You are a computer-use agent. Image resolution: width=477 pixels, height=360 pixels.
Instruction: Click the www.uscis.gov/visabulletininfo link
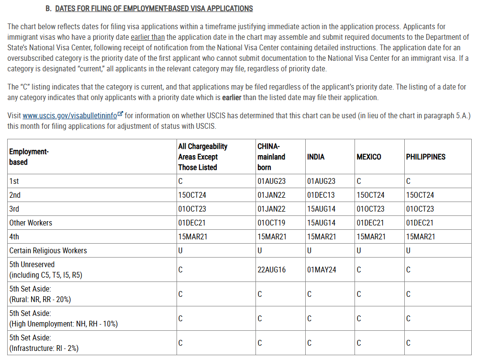[x=69, y=115]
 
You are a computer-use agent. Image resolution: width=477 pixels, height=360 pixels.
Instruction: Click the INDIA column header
[x=316, y=157]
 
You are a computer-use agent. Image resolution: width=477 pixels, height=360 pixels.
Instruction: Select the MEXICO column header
[x=369, y=157]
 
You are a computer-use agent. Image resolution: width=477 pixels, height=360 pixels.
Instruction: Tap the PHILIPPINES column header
[x=425, y=157]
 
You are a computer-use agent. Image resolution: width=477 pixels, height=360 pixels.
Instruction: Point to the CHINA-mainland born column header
[x=271, y=157]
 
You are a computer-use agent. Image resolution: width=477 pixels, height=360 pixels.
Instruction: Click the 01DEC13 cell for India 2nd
[x=321, y=195]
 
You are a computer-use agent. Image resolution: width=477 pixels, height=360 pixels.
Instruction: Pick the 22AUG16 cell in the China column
[x=271, y=270]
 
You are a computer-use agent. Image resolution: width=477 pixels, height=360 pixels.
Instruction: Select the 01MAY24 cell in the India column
[x=322, y=270]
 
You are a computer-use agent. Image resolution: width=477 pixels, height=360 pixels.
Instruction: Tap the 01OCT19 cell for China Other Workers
[x=271, y=223]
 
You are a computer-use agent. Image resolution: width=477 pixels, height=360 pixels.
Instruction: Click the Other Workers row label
[x=31, y=223]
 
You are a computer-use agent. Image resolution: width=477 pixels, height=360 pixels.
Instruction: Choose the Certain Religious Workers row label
[x=48, y=251]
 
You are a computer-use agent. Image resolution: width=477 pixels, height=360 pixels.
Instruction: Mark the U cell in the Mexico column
[x=359, y=251]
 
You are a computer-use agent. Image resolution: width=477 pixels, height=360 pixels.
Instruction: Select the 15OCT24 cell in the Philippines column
[x=420, y=195]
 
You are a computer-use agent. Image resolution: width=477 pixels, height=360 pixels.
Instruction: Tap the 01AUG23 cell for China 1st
[x=271, y=181]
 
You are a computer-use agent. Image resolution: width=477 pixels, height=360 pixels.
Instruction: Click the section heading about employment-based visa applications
[x=154, y=9]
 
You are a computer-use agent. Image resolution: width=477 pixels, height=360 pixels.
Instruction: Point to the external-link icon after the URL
[x=121, y=114]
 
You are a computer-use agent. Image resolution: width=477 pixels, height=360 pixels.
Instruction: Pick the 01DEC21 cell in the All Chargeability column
[x=192, y=223]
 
